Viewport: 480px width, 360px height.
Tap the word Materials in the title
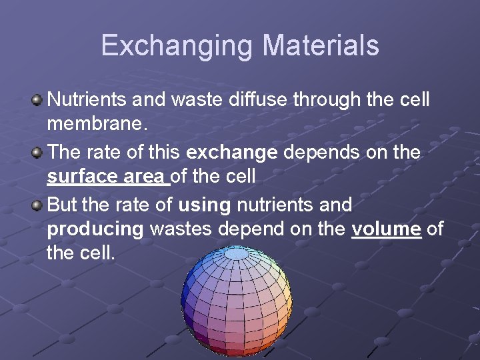[321, 46]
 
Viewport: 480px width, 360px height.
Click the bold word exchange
[232, 152]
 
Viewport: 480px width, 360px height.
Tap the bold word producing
[95, 229]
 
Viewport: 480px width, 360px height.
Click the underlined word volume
[387, 229]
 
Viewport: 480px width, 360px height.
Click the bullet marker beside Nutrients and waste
[37, 100]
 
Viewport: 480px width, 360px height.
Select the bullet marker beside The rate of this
[37, 152]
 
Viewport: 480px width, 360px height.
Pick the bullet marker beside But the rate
[37, 204]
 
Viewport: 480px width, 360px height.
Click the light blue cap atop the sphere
[236, 253]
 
